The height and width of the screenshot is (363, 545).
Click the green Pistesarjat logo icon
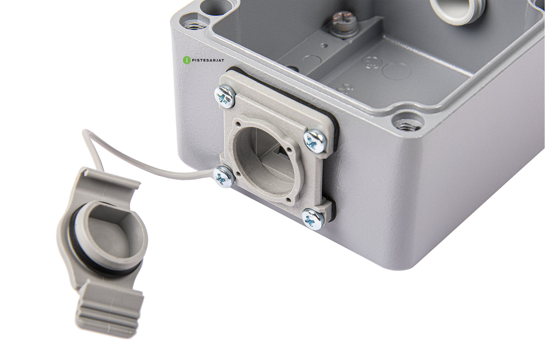tap(185, 60)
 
